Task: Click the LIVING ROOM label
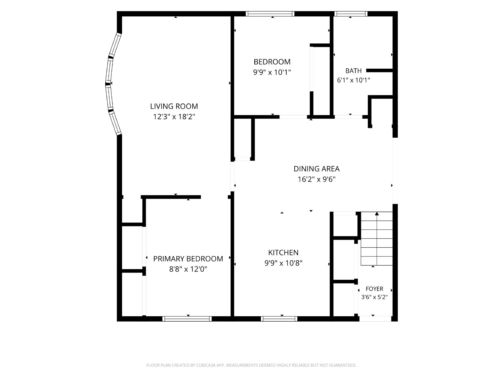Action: pos(174,106)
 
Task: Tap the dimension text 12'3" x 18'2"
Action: pos(174,117)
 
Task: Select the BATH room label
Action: pos(353,71)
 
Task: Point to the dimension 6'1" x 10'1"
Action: pos(353,80)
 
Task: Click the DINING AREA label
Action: pos(317,169)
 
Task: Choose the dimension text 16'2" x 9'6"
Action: pos(317,179)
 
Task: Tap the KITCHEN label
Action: pos(283,252)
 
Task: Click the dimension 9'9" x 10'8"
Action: pos(283,263)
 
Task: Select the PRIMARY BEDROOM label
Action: pos(188,259)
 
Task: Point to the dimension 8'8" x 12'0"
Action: pos(188,269)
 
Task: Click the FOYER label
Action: pos(374,289)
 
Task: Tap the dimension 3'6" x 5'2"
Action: pos(374,297)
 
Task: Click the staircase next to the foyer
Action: pos(377,238)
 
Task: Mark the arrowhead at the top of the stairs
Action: pos(377,214)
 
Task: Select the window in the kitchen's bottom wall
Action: pos(279,318)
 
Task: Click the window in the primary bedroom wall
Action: pos(187,318)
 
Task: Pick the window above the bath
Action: pos(351,14)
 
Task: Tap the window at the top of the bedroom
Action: pos(270,14)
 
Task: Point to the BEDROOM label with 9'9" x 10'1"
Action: pos(272,62)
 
